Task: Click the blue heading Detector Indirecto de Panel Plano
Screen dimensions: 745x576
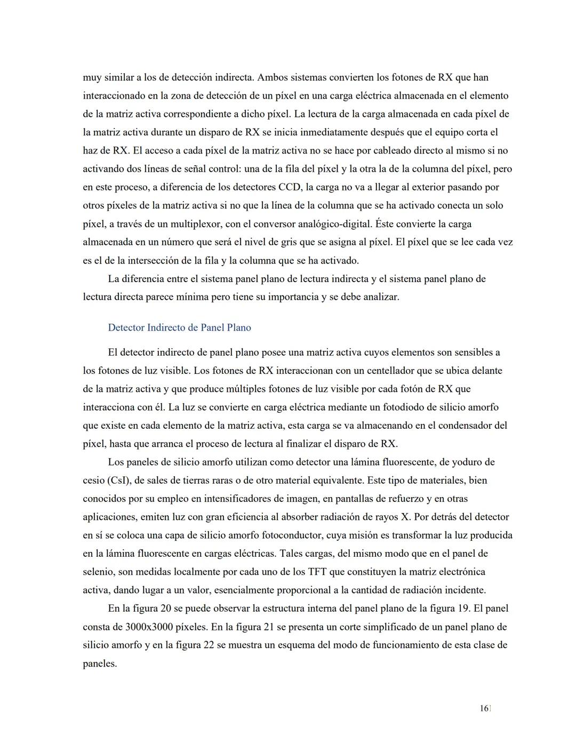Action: [179, 327]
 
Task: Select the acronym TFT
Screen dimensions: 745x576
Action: [318, 572]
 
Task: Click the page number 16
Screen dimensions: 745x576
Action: [484, 709]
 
